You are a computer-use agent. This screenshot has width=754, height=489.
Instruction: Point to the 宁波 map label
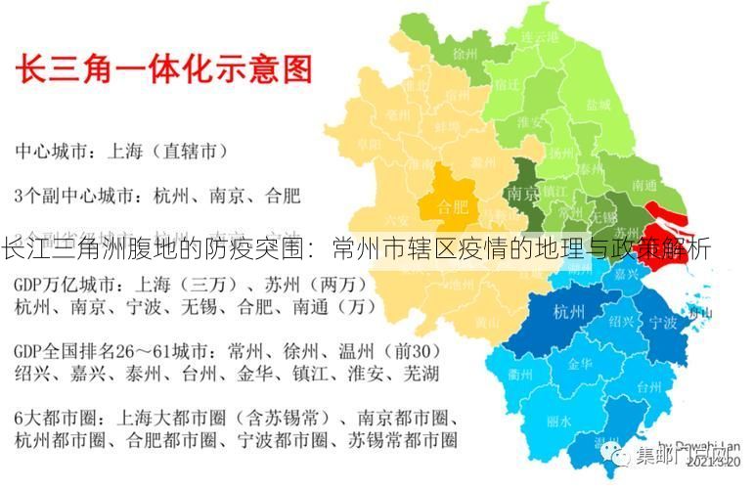click(x=663, y=322)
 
